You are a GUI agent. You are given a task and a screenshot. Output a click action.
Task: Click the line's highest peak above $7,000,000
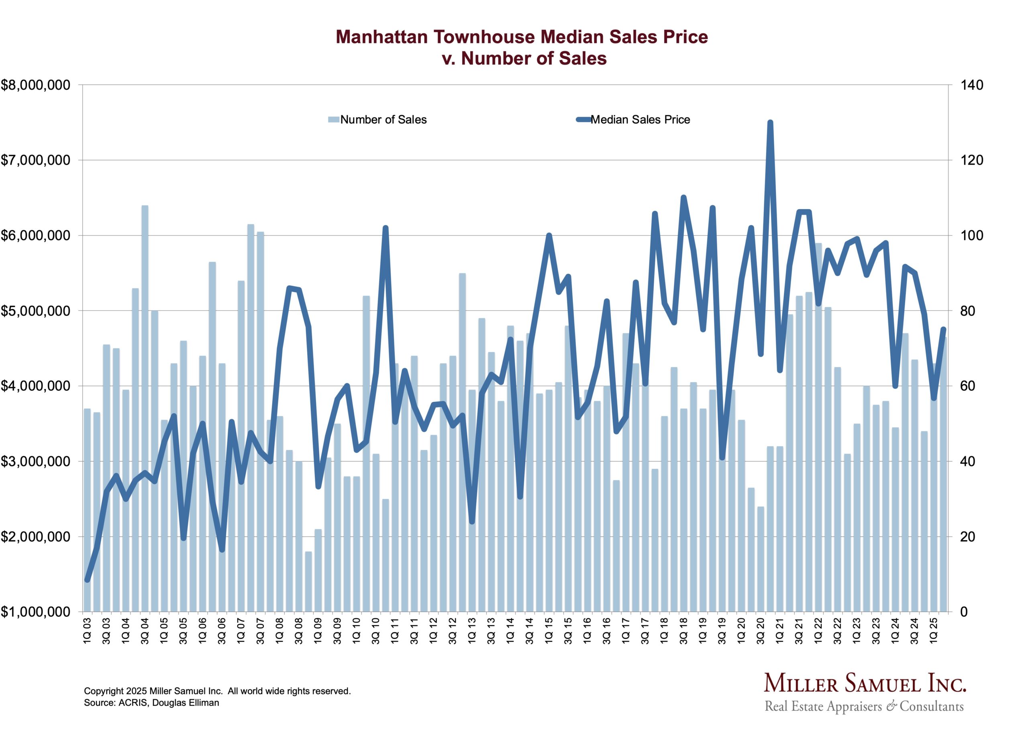pyautogui.click(x=770, y=122)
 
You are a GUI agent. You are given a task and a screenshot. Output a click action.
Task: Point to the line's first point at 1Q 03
pyautogui.click(x=88, y=580)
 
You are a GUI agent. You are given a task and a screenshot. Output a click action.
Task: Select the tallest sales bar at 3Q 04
pyautogui.click(x=145, y=408)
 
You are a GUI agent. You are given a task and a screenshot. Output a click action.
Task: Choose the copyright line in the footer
pyautogui.click(x=217, y=691)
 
